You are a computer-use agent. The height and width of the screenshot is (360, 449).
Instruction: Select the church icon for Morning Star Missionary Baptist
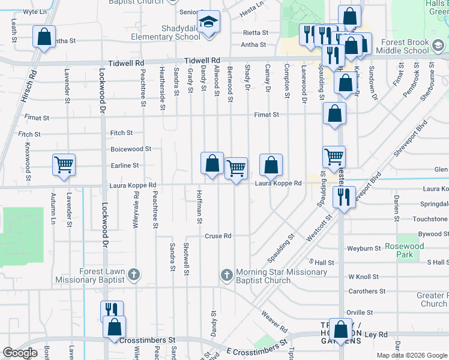(226, 275)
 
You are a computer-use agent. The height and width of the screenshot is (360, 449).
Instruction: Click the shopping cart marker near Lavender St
(64, 165)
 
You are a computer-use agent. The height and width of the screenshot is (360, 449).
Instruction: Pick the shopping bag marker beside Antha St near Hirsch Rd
(44, 38)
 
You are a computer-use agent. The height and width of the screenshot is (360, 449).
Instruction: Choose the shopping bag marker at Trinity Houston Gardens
(341, 330)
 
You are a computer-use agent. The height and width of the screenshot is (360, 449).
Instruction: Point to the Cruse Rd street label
(218, 236)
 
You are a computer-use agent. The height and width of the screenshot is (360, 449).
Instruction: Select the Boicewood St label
(131, 149)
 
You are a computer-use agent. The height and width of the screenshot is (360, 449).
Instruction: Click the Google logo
(20, 353)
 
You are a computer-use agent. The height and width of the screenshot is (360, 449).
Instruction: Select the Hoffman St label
(199, 206)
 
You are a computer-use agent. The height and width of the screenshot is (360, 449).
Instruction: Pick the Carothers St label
(367, 292)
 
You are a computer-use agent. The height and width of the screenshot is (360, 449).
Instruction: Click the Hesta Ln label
(252, 4)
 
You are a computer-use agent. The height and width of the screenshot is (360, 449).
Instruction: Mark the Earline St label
(125, 166)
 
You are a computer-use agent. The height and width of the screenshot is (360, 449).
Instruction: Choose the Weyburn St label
(364, 248)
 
